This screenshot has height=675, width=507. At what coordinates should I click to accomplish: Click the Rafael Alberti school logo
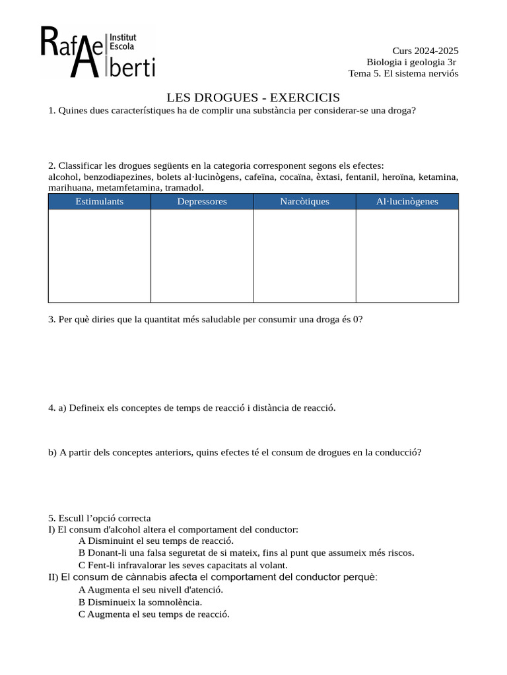point(98,52)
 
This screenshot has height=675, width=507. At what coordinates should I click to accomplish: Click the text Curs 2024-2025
point(425,51)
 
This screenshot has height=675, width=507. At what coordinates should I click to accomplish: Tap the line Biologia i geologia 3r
point(412,62)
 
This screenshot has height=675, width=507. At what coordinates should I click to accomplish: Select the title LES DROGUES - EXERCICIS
point(253,97)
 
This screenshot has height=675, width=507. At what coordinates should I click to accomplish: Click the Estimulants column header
point(100,202)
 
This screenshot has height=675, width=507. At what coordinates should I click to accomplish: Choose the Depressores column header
point(202,202)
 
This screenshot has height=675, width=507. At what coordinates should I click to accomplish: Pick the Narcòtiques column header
point(304,202)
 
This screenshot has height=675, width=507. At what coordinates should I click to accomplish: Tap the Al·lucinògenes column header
point(407,202)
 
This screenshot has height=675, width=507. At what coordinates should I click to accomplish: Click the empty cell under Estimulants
point(100,256)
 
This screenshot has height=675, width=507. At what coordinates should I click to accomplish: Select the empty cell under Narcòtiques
point(304,256)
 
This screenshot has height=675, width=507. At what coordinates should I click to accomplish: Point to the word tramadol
point(184,188)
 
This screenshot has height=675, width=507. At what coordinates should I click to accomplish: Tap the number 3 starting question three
point(51,319)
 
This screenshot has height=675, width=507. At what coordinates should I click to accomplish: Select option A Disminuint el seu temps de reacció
point(156,541)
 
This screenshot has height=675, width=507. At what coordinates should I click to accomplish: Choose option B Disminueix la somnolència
point(140,602)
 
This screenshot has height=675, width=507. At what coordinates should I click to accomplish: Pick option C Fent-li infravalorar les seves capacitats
point(183,565)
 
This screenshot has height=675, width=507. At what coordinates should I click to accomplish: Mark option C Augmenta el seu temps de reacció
point(154,614)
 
